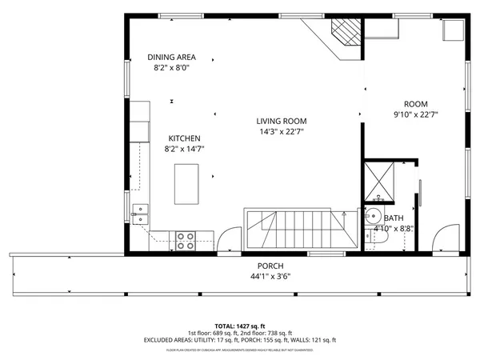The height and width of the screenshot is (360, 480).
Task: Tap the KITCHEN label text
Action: (x=183, y=138)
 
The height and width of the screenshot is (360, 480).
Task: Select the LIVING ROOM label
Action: (x=282, y=121)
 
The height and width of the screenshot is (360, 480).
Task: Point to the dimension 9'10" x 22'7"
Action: (x=415, y=115)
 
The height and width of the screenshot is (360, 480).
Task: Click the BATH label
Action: (x=394, y=218)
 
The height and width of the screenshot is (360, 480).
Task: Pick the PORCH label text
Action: (x=270, y=266)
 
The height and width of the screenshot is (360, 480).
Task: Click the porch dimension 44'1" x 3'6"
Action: (x=270, y=277)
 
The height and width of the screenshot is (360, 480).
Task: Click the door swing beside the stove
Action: (x=227, y=239)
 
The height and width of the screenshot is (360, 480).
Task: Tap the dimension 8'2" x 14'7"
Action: (x=183, y=149)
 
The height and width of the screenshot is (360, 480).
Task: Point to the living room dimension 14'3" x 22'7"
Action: (x=282, y=132)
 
